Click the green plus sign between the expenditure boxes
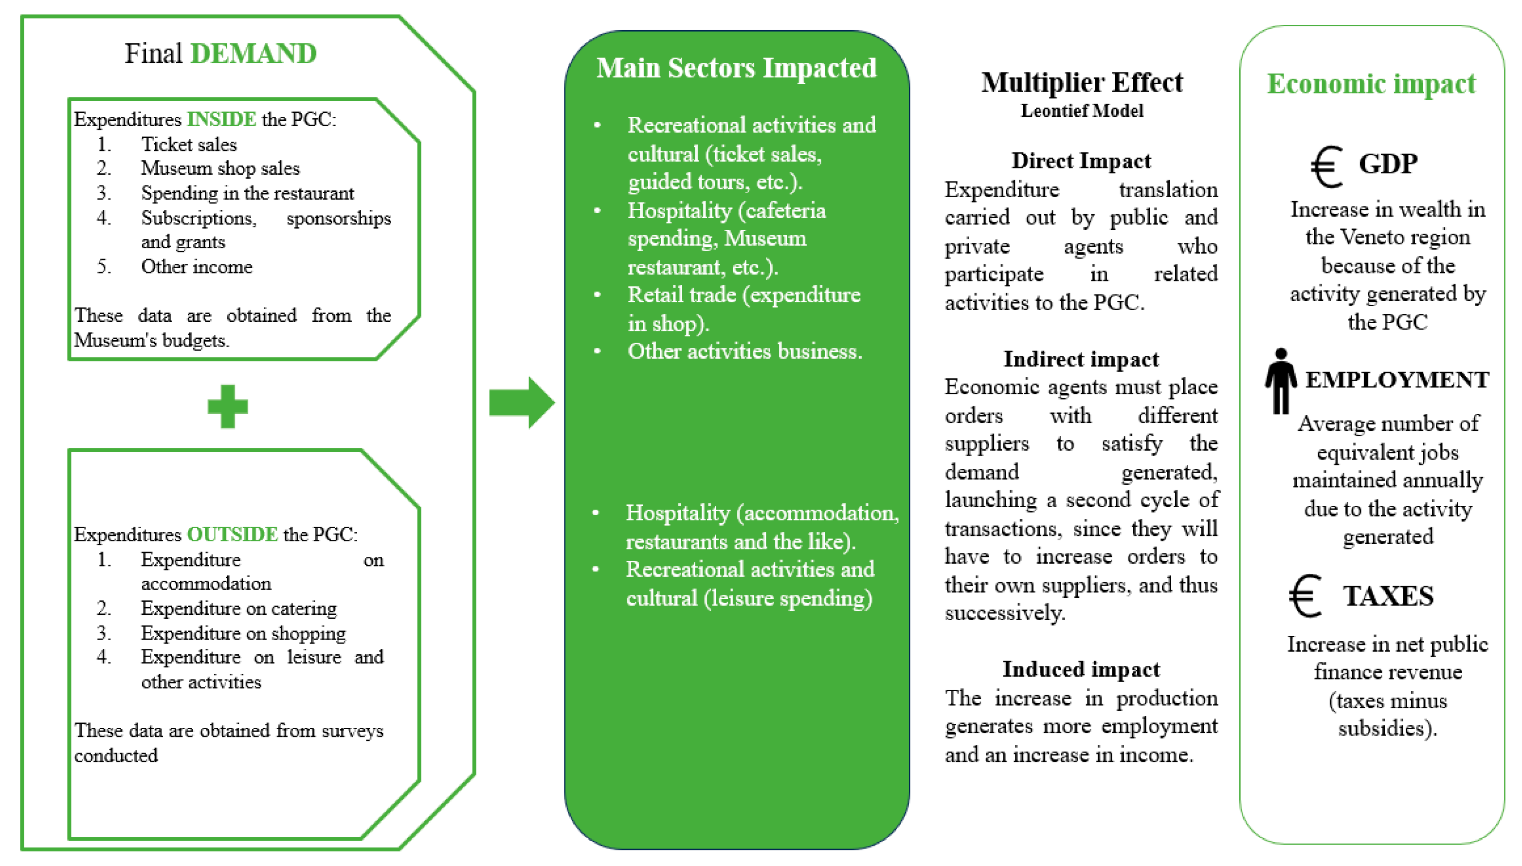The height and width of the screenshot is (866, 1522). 228,406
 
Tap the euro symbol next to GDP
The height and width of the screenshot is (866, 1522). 1326,167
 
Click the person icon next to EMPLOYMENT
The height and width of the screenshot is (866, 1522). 1281,381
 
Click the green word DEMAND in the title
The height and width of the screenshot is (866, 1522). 254,54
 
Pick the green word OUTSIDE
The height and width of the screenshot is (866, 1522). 233,534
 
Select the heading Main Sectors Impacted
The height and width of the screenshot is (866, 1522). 736,68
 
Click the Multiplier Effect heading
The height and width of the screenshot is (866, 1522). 1082,82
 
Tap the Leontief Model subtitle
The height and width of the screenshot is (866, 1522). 1082,111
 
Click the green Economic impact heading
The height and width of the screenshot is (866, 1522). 1371,83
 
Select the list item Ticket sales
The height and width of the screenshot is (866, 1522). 188,144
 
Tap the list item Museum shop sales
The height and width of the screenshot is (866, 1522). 220,168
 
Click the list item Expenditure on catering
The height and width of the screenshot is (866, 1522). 238,608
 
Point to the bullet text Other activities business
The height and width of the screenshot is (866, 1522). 744,351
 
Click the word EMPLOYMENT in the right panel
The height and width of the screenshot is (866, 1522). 1397,380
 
